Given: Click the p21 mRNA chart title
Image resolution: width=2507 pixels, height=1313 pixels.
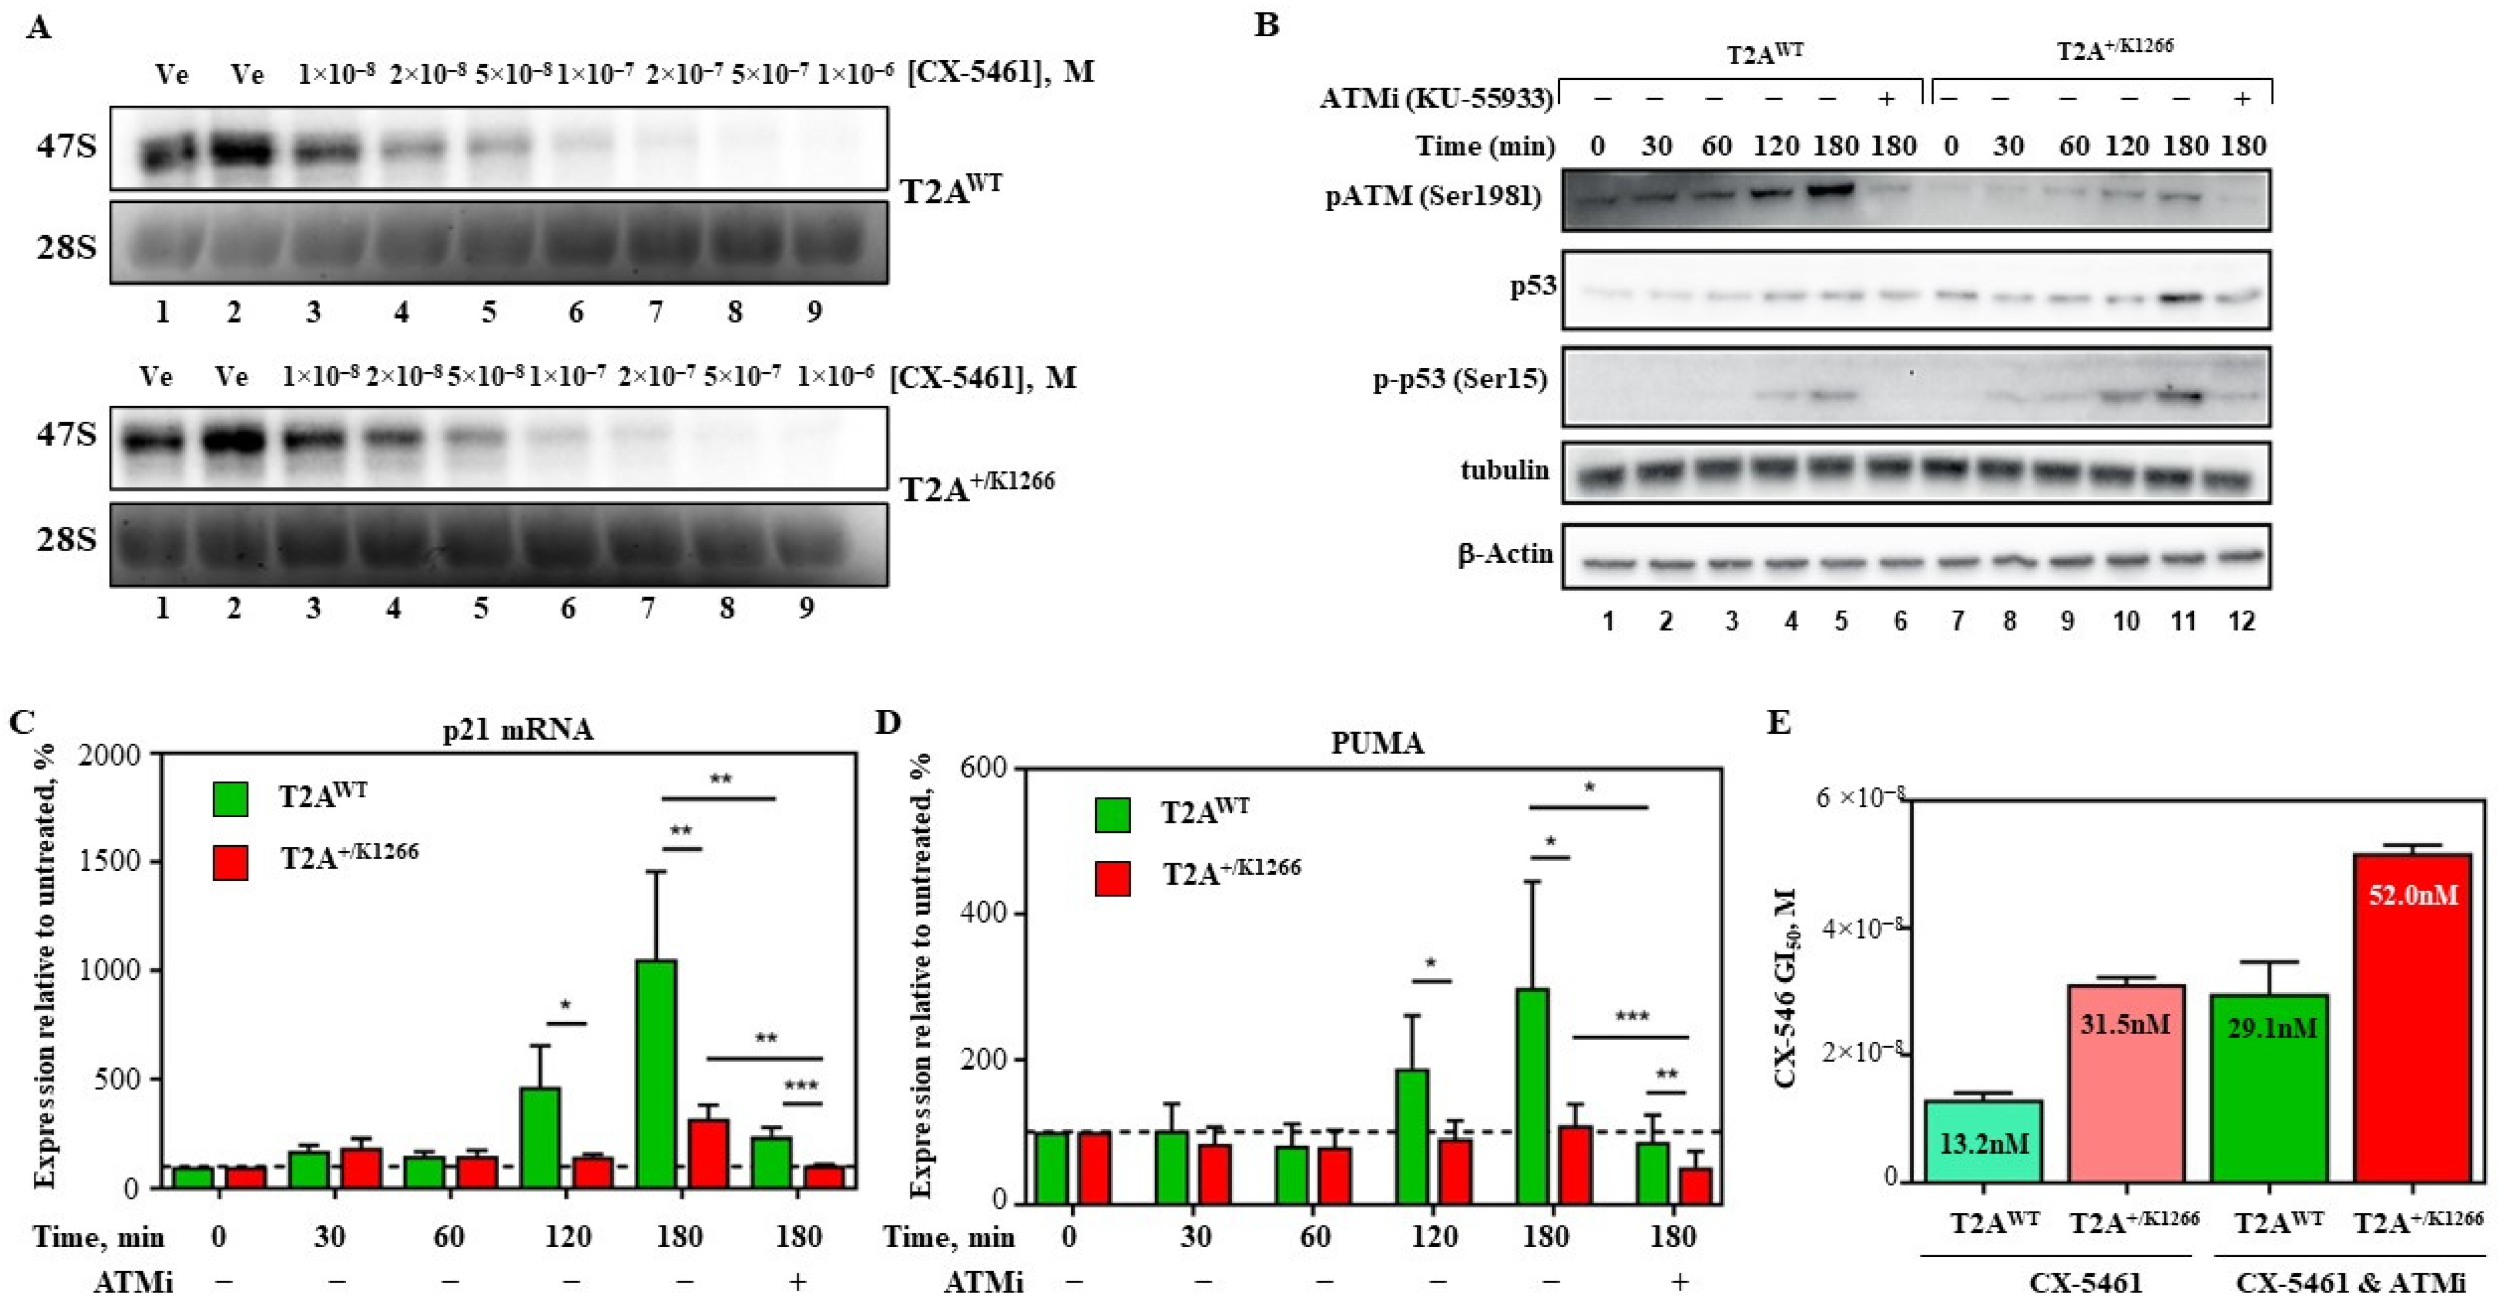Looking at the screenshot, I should [518, 729].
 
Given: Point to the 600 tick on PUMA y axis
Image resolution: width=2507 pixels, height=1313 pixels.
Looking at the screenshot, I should [983, 769].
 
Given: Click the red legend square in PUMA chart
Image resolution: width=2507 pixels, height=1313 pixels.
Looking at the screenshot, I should [1113, 878].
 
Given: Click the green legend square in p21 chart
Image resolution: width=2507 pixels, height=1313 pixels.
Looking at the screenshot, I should [231, 798].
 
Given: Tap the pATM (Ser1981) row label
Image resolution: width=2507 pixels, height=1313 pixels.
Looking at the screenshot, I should [1433, 197].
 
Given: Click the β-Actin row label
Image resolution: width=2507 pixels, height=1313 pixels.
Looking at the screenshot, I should [1505, 554].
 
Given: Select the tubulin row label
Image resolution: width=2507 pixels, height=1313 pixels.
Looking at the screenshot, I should [1505, 470].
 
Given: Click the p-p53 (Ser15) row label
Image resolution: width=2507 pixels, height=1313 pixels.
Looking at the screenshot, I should [1460, 379].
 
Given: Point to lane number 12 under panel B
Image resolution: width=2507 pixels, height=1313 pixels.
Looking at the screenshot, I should [2241, 621].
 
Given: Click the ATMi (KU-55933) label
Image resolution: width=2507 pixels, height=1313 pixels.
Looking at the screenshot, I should [1436, 99].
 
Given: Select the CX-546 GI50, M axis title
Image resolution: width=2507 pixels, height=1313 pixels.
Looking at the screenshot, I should [1786, 988].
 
